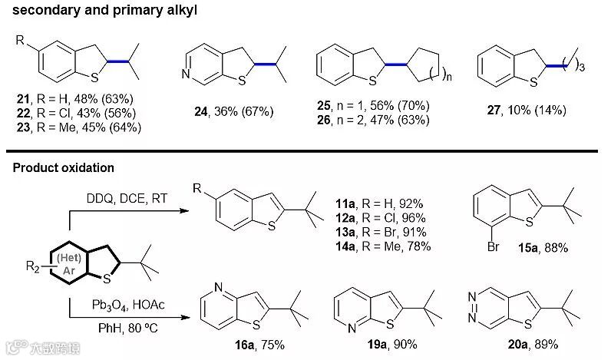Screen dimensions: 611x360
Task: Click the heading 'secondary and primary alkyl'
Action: (90, 10)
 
